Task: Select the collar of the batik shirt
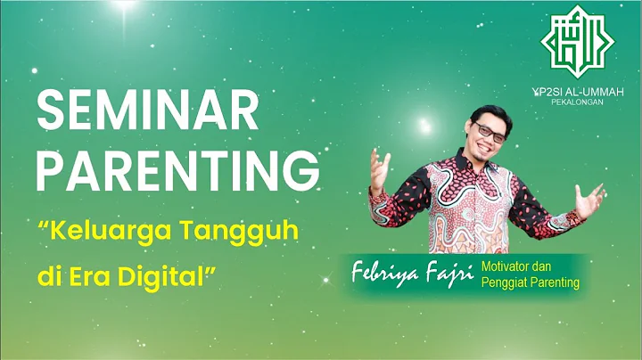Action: point(478,165)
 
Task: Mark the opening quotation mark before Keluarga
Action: point(43,224)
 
